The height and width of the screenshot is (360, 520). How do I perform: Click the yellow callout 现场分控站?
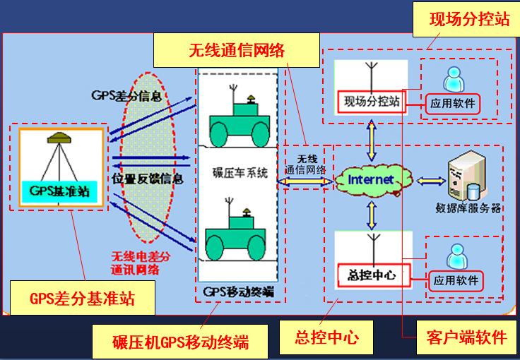468,20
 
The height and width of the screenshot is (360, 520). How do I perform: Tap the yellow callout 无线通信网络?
236,51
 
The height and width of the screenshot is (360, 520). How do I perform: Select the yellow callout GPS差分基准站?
82,299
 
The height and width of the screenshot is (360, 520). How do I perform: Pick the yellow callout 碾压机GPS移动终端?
180,342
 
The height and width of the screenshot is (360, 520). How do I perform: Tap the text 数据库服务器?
468,208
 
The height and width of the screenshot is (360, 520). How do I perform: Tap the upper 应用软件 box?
453,105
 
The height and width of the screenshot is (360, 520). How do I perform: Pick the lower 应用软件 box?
456,280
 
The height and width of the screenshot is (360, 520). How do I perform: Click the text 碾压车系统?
240,172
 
